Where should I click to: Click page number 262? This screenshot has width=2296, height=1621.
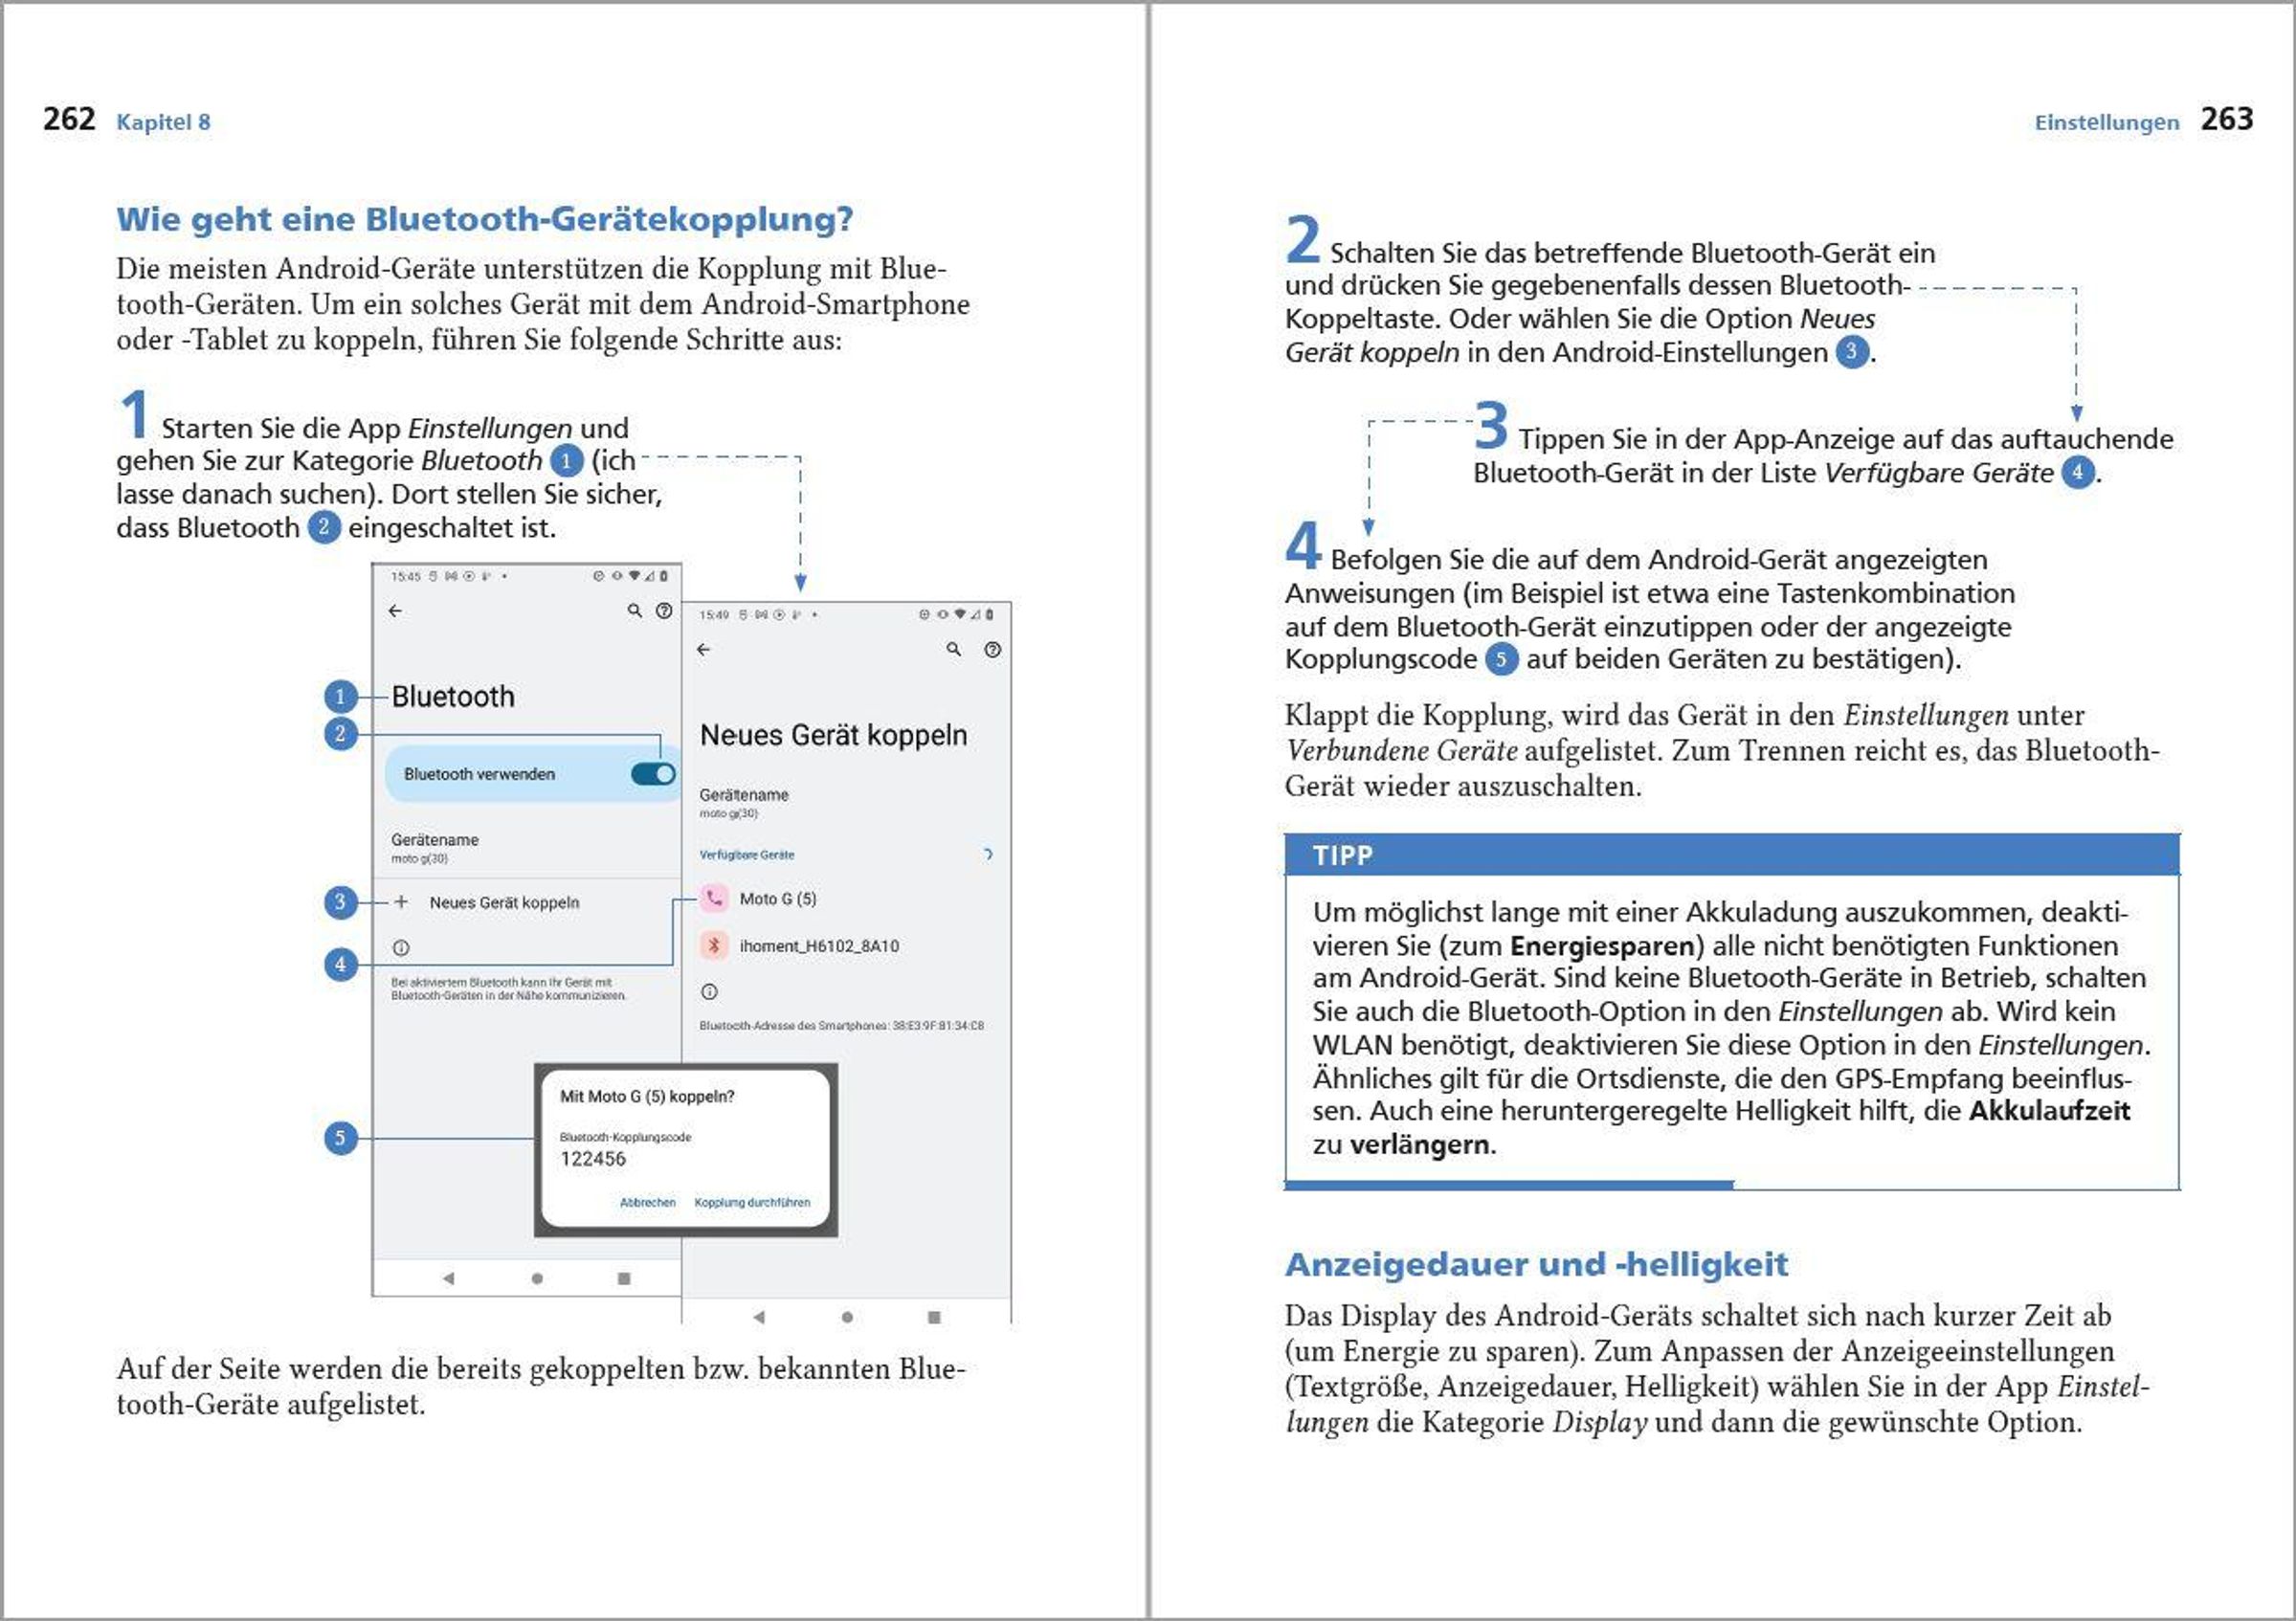(68, 119)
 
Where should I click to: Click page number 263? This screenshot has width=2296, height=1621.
(2226, 119)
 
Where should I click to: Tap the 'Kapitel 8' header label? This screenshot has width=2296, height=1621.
(163, 122)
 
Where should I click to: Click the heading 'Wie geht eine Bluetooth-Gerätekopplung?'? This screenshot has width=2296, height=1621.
(484, 219)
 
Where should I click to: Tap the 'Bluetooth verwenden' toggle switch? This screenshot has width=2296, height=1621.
(653, 774)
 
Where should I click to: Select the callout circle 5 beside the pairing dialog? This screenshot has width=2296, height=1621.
(340, 1138)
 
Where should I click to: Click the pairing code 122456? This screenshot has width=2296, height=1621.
(592, 1159)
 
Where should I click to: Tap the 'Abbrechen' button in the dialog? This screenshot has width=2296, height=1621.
(647, 1202)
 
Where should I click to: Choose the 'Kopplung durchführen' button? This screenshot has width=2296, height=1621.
(752, 1202)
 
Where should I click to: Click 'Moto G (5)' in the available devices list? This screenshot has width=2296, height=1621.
(777, 899)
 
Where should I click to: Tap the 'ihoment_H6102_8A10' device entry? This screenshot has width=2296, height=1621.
(818, 946)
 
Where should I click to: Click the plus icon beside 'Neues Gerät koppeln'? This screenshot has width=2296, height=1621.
(401, 902)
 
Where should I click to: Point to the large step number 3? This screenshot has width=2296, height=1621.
(1490, 426)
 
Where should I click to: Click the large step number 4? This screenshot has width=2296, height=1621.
(1303, 546)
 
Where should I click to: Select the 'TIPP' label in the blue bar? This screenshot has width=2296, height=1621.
(1342, 856)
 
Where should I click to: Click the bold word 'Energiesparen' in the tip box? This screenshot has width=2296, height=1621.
(1602, 946)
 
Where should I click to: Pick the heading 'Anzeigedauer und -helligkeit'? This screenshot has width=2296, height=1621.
(1536, 1265)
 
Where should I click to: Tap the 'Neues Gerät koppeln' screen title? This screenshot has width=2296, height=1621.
(833, 735)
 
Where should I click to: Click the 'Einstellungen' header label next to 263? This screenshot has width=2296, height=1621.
(2106, 122)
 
